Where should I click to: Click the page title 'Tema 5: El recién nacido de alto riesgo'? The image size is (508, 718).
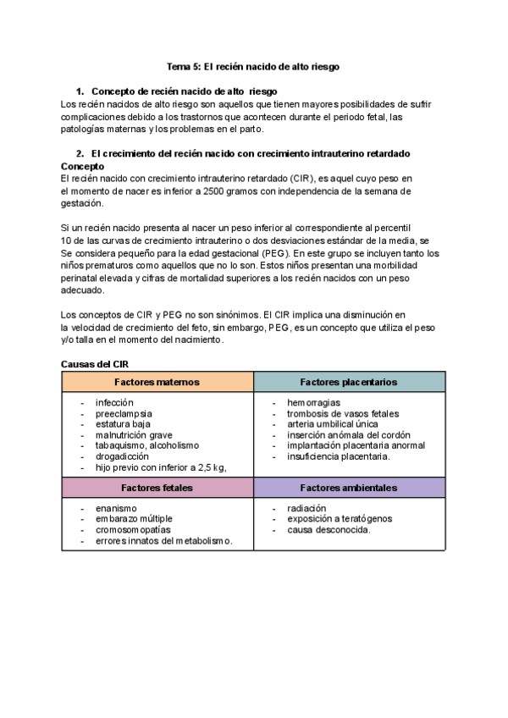pos(253,66)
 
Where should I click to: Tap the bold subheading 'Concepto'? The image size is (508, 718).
pos(82,167)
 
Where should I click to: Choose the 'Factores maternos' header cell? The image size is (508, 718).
pos(157,382)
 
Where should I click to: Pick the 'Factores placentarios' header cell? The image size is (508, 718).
pos(349,382)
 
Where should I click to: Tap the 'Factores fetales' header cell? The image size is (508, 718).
pos(157,488)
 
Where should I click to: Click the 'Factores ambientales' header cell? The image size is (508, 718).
pos(349,488)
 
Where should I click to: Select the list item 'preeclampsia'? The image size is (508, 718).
pos(124,414)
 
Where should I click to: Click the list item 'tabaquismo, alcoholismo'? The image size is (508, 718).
pos(147,445)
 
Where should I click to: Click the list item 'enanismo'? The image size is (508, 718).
pos(116,509)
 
